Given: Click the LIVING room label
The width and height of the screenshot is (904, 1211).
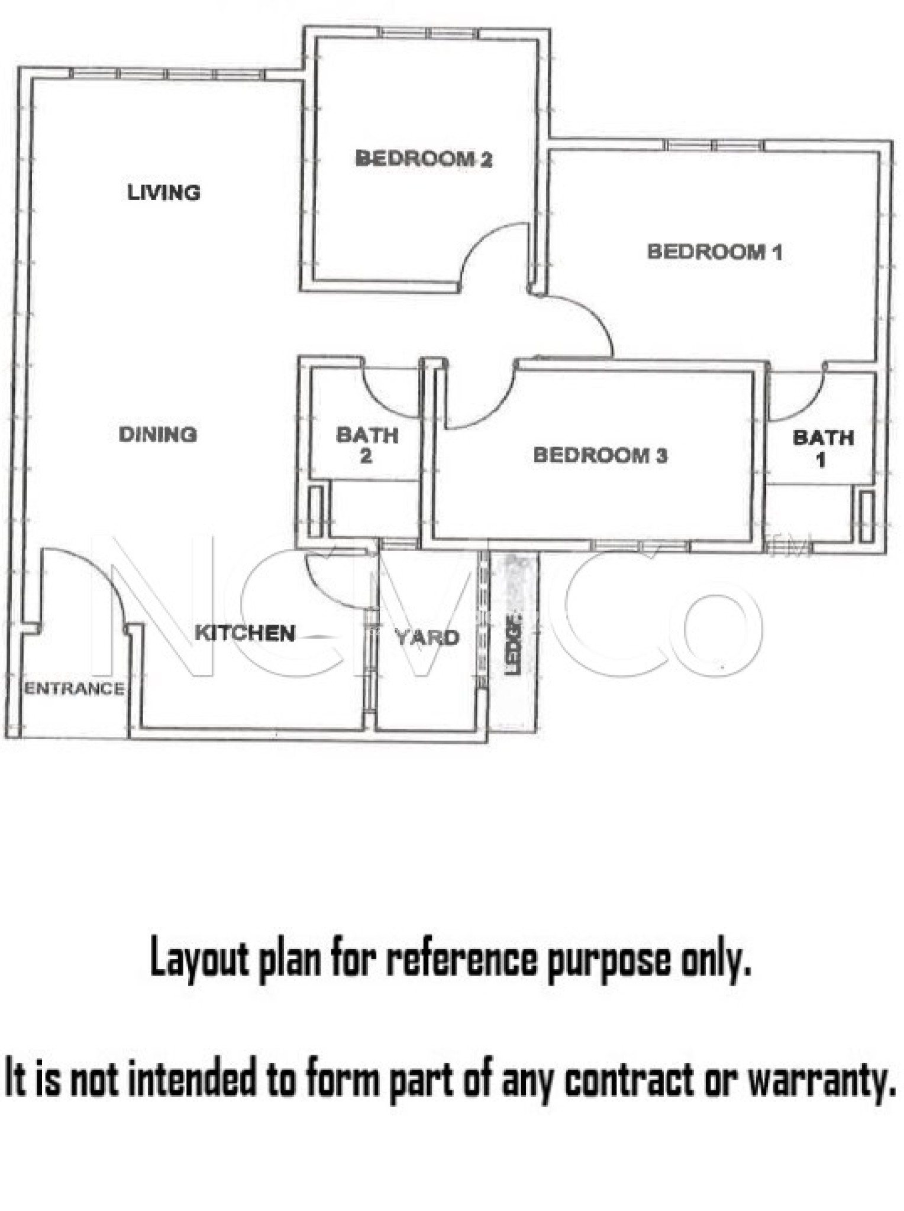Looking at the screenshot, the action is [x=164, y=192].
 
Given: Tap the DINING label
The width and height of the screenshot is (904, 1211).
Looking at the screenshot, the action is [x=158, y=435].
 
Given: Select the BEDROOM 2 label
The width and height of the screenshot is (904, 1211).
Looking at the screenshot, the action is [x=424, y=158].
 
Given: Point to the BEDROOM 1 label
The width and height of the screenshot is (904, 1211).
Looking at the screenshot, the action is [x=715, y=252].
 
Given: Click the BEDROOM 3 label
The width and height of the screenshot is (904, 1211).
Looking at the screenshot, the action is [x=600, y=455].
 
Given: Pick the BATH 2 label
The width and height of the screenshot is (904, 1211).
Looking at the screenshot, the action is [x=367, y=445].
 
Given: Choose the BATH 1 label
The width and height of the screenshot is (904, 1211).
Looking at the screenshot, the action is [x=823, y=448].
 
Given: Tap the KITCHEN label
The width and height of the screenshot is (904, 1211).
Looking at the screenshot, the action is [x=245, y=633].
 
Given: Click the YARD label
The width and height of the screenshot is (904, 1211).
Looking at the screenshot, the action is [x=427, y=637].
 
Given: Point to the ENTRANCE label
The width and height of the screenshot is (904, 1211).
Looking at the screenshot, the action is [x=75, y=688].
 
